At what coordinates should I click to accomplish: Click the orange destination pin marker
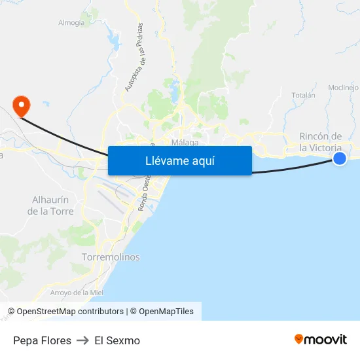click(x=21, y=104)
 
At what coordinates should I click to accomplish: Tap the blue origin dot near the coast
click(x=339, y=158)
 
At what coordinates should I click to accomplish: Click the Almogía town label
click(x=71, y=23)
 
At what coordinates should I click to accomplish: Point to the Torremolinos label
click(x=111, y=257)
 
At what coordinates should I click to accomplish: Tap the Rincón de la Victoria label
click(x=320, y=141)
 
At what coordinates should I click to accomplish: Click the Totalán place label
click(x=303, y=96)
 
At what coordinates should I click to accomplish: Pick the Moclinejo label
click(x=343, y=88)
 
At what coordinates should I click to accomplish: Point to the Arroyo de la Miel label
click(x=77, y=293)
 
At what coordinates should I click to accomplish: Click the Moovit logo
click(x=321, y=340)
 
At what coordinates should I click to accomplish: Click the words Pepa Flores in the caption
click(x=42, y=340)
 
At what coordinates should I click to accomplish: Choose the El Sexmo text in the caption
click(x=117, y=340)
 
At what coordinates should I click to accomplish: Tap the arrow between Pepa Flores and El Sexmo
click(x=82, y=340)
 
